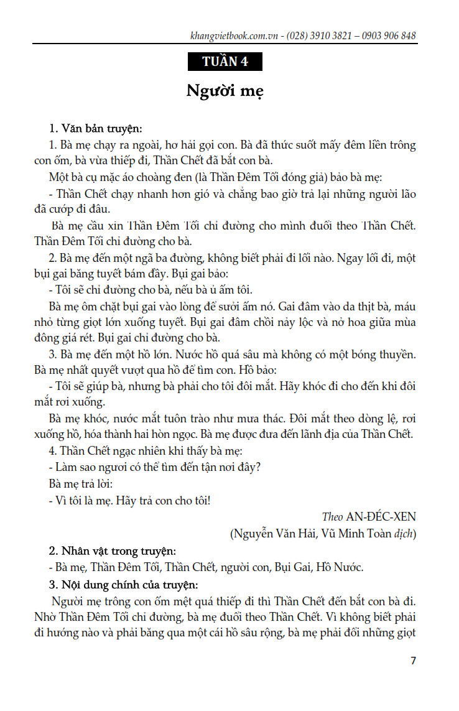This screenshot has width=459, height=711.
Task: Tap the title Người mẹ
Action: pyautogui.click(x=225, y=91)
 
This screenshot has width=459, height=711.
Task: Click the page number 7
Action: pyautogui.click(x=413, y=661)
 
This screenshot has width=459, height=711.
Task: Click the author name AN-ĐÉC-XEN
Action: pyautogui.click(x=381, y=517)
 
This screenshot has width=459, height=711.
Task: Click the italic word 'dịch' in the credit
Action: pyautogui.click(x=406, y=534)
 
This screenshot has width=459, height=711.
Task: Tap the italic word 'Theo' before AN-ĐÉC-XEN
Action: pyautogui.click(x=332, y=517)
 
